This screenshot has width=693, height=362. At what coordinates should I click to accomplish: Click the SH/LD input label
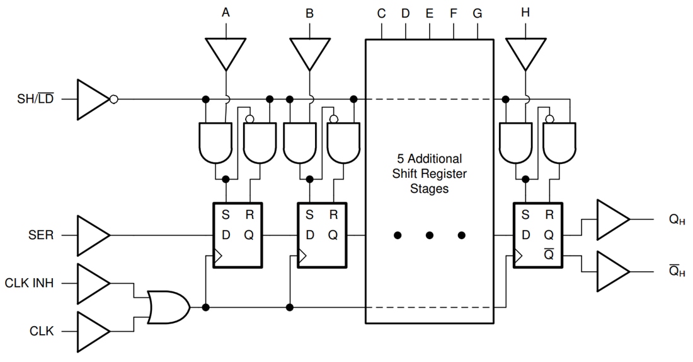pyautogui.click(x=35, y=99)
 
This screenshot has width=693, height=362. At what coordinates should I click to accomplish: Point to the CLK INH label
pyautogui.click(x=30, y=283)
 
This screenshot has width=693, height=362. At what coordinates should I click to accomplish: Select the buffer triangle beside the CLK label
pyautogui.click(x=92, y=330)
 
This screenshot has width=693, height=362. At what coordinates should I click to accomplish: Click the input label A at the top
pyautogui.click(x=226, y=13)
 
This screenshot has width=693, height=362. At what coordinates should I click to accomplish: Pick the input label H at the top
pyautogui.click(x=525, y=13)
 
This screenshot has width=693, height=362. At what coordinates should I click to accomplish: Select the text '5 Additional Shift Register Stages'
pyautogui.click(x=429, y=173)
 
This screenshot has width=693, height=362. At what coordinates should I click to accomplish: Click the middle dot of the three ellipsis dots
pyautogui.click(x=430, y=235)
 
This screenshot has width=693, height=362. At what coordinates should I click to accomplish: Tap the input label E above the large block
pyautogui.click(x=430, y=13)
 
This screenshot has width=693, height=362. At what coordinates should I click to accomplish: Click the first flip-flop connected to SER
pyautogui.click(x=238, y=235)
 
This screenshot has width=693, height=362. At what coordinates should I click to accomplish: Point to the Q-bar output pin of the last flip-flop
pyautogui.click(x=549, y=255)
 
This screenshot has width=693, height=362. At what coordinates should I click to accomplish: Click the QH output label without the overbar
pyautogui.click(x=677, y=220)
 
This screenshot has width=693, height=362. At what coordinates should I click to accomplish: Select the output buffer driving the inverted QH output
pyautogui.click(x=612, y=271)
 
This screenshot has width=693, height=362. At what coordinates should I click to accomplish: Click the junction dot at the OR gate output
pyautogui.click(x=205, y=307)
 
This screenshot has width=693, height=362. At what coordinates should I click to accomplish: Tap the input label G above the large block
pyautogui.click(x=478, y=13)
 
